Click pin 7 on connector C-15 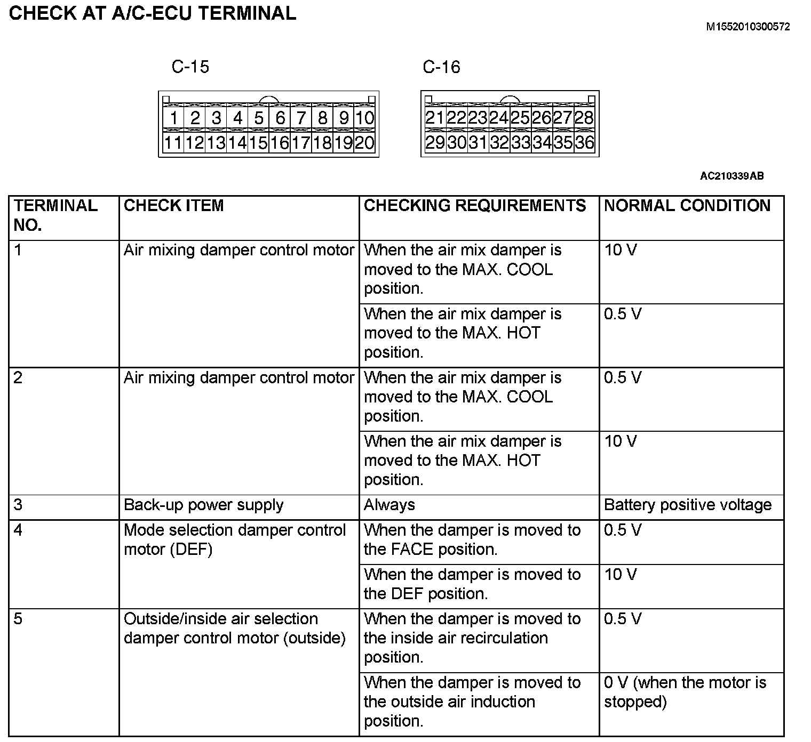pyautogui.click(x=301, y=118)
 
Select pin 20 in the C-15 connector pyautogui.click(x=364, y=143)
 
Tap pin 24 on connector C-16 pyautogui.click(x=499, y=118)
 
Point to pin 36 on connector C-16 pyautogui.click(x=584, y=142)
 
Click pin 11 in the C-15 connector pyautogui.click(x=173, y=143)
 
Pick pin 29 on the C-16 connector pyautogui.click(x=435, y=142)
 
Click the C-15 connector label pyautogui.click(x=190, y=67)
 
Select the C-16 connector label pyautogui.click(x=441, y=67)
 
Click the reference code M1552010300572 pyautogui.click(x=748, y=27)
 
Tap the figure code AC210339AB pyautogui.click(x=732, y=176)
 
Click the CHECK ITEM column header pyautogui.click(x=173, y=206)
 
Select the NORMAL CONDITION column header pyautogui.click(x=687, y=206)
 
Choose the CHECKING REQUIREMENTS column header pyautogui.click(x=474, y=206)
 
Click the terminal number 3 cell pyautogui.click(x=18, y=505)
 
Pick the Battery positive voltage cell pyautogui.click(x=687, y=505)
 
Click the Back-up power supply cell pyautogui.click(x=203, y=505)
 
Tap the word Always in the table pyautogui.click(x=389, y=505)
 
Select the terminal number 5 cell pyautogui.click(x=18, y=619)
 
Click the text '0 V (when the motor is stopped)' pyautogui.click(x=685, y=692)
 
